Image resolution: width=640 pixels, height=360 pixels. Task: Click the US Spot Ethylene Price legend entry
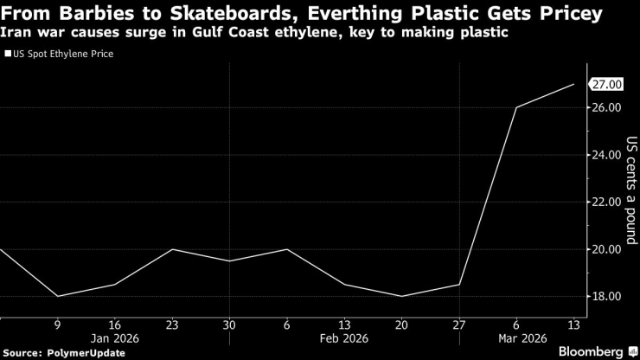click(63, 54)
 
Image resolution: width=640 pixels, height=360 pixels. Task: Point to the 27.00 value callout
click(605, 84)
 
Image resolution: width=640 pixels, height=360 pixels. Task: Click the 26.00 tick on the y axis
click(605, 107)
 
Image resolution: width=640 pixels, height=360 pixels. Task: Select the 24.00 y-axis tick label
click(605, 155)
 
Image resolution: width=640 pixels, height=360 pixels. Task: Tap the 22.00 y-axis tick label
click(605, 202)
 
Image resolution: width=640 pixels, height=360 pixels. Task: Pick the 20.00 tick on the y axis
click(605, 249)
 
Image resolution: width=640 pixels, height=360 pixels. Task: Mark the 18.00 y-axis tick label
click(605, 296)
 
